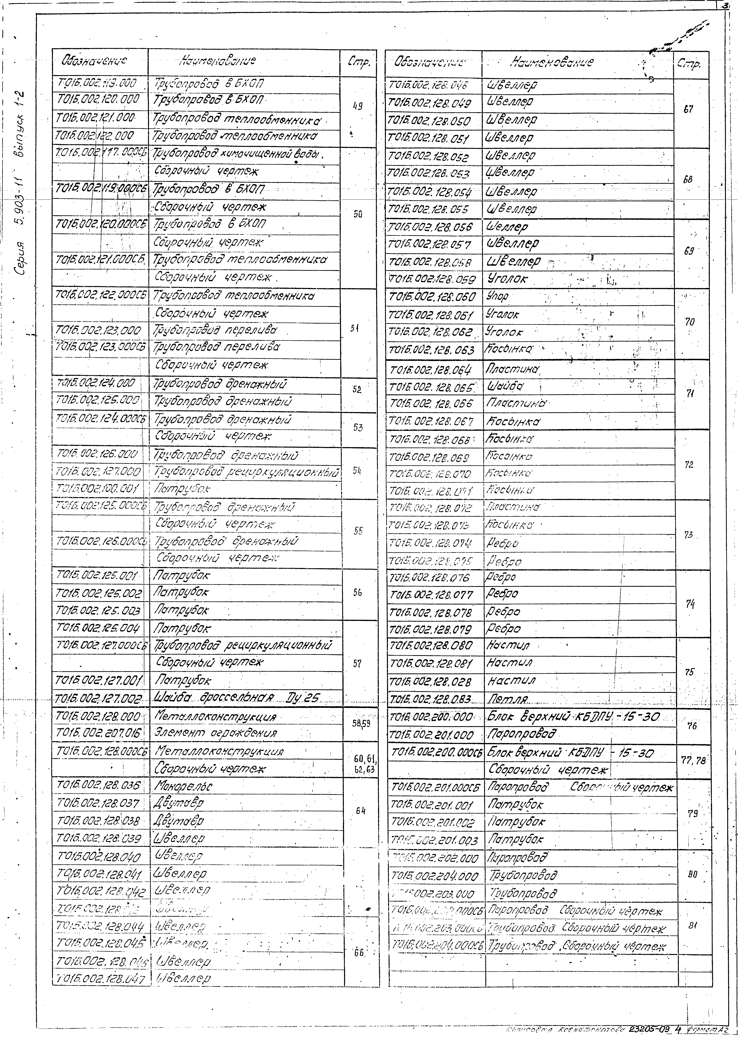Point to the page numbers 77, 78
[693, 760]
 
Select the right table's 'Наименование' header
[552, 63]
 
